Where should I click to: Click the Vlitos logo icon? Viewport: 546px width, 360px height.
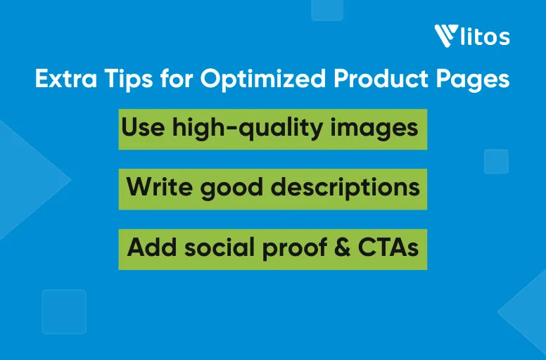click(x=446, y=36)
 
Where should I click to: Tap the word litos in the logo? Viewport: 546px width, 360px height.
click(x=485, y=37)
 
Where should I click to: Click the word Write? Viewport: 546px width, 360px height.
click(x=155, y=188)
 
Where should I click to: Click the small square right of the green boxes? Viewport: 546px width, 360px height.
click(x=496, y=161)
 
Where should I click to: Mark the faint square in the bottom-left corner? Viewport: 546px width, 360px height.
click(x=64, y=311)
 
